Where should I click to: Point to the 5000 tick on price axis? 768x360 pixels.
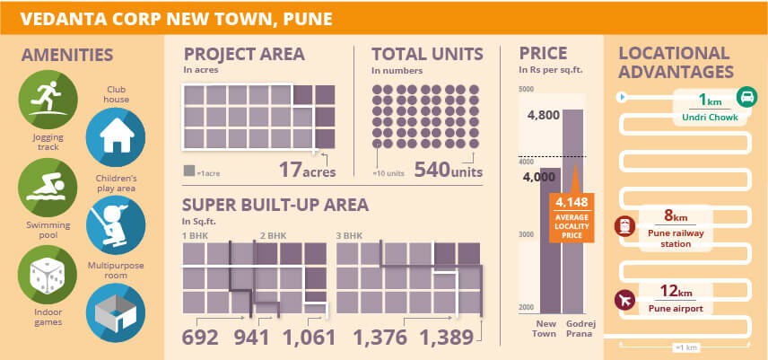(526, 88)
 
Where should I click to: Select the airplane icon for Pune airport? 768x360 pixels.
(623, 298)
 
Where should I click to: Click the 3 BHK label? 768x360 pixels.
(350, 236)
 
